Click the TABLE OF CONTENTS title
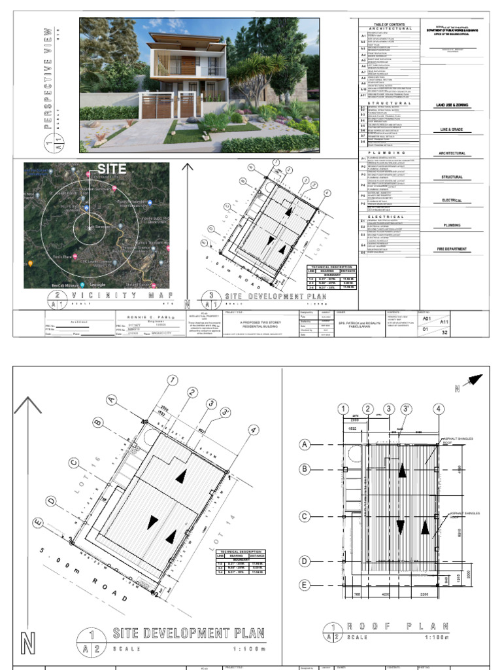pyautogui.click(x=385, y=24)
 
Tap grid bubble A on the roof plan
pyautogui.click(x=304, y=444)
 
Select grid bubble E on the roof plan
pyautogui.click(x=304, y=584)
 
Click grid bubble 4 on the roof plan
pyautogui.click(x=437, y=410)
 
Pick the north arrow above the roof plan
pyautogui.click(x=473, y=381)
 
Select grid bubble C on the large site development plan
pyautogui.click(x=73, y=463)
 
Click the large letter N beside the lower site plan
pyautogui.click(x=27, y=643)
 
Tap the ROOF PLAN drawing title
pyautogui.click(x=386, y=627)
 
